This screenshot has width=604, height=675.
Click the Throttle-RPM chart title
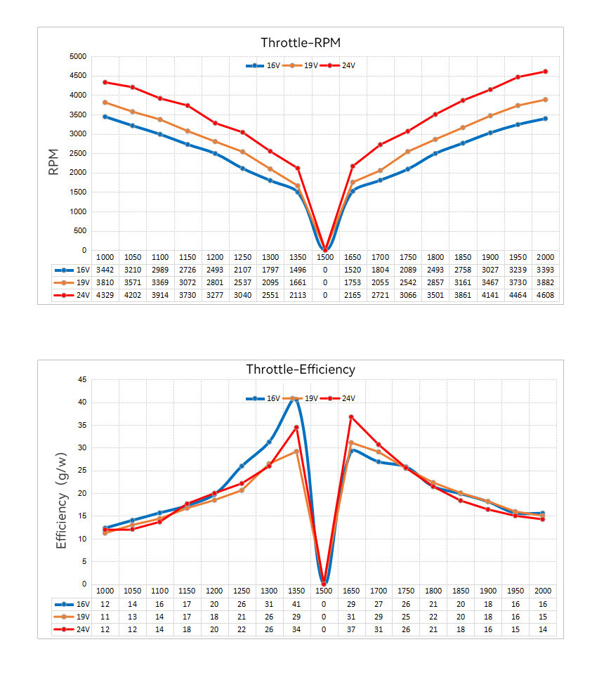coord(301,43)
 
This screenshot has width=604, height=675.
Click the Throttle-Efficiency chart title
coord(301,369)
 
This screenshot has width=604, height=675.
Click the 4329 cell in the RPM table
coord(105,296)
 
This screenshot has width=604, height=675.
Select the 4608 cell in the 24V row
coord(545,296)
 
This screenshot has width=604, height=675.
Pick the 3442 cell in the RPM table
coord(105,270)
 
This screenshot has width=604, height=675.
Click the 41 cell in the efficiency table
coord(297,605)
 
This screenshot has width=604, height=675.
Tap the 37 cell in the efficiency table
coord(352,630)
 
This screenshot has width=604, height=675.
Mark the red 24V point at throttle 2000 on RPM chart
coord(545,72)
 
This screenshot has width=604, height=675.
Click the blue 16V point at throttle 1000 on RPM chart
coord(105,117)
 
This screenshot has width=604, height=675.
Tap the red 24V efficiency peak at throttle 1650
coord(352,417)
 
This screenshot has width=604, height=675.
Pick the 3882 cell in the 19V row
coord(545,282)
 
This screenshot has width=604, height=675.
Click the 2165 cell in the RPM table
coord(352,296)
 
